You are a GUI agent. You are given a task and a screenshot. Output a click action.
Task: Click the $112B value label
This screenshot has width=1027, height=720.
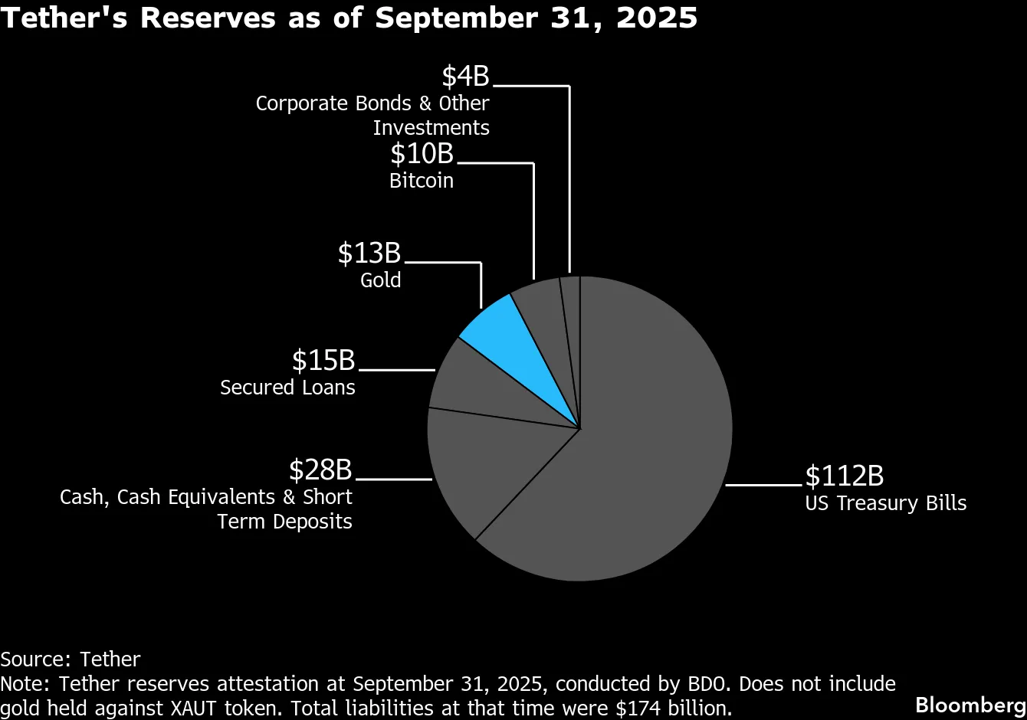[x=844, y=476]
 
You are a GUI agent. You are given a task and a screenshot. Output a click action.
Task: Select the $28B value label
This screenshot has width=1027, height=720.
[x=320, y=470]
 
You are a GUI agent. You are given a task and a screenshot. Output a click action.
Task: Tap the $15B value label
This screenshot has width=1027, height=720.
[x=323, y=360]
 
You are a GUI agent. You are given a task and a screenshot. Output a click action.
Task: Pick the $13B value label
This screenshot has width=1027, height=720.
[x=369, y=253]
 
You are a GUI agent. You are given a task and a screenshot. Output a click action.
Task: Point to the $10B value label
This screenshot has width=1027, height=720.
[x=422, y=154]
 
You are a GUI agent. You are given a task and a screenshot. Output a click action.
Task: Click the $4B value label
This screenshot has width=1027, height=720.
[x=465, y=77]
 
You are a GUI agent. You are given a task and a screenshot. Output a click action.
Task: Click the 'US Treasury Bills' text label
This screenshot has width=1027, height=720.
[x=885, y=503]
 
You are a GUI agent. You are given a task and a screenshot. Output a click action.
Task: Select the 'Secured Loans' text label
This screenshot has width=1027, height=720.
[x=287, y=388]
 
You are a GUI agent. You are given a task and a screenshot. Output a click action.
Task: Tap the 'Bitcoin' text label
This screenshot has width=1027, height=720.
[x=422, y=181]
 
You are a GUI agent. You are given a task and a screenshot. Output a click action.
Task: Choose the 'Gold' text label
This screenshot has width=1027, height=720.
[x=381, y=280]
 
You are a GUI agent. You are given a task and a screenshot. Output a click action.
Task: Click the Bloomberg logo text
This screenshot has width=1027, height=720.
[x=970, y=705]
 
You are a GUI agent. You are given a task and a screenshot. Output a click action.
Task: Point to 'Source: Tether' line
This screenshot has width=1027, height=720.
[x=71, y=659]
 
